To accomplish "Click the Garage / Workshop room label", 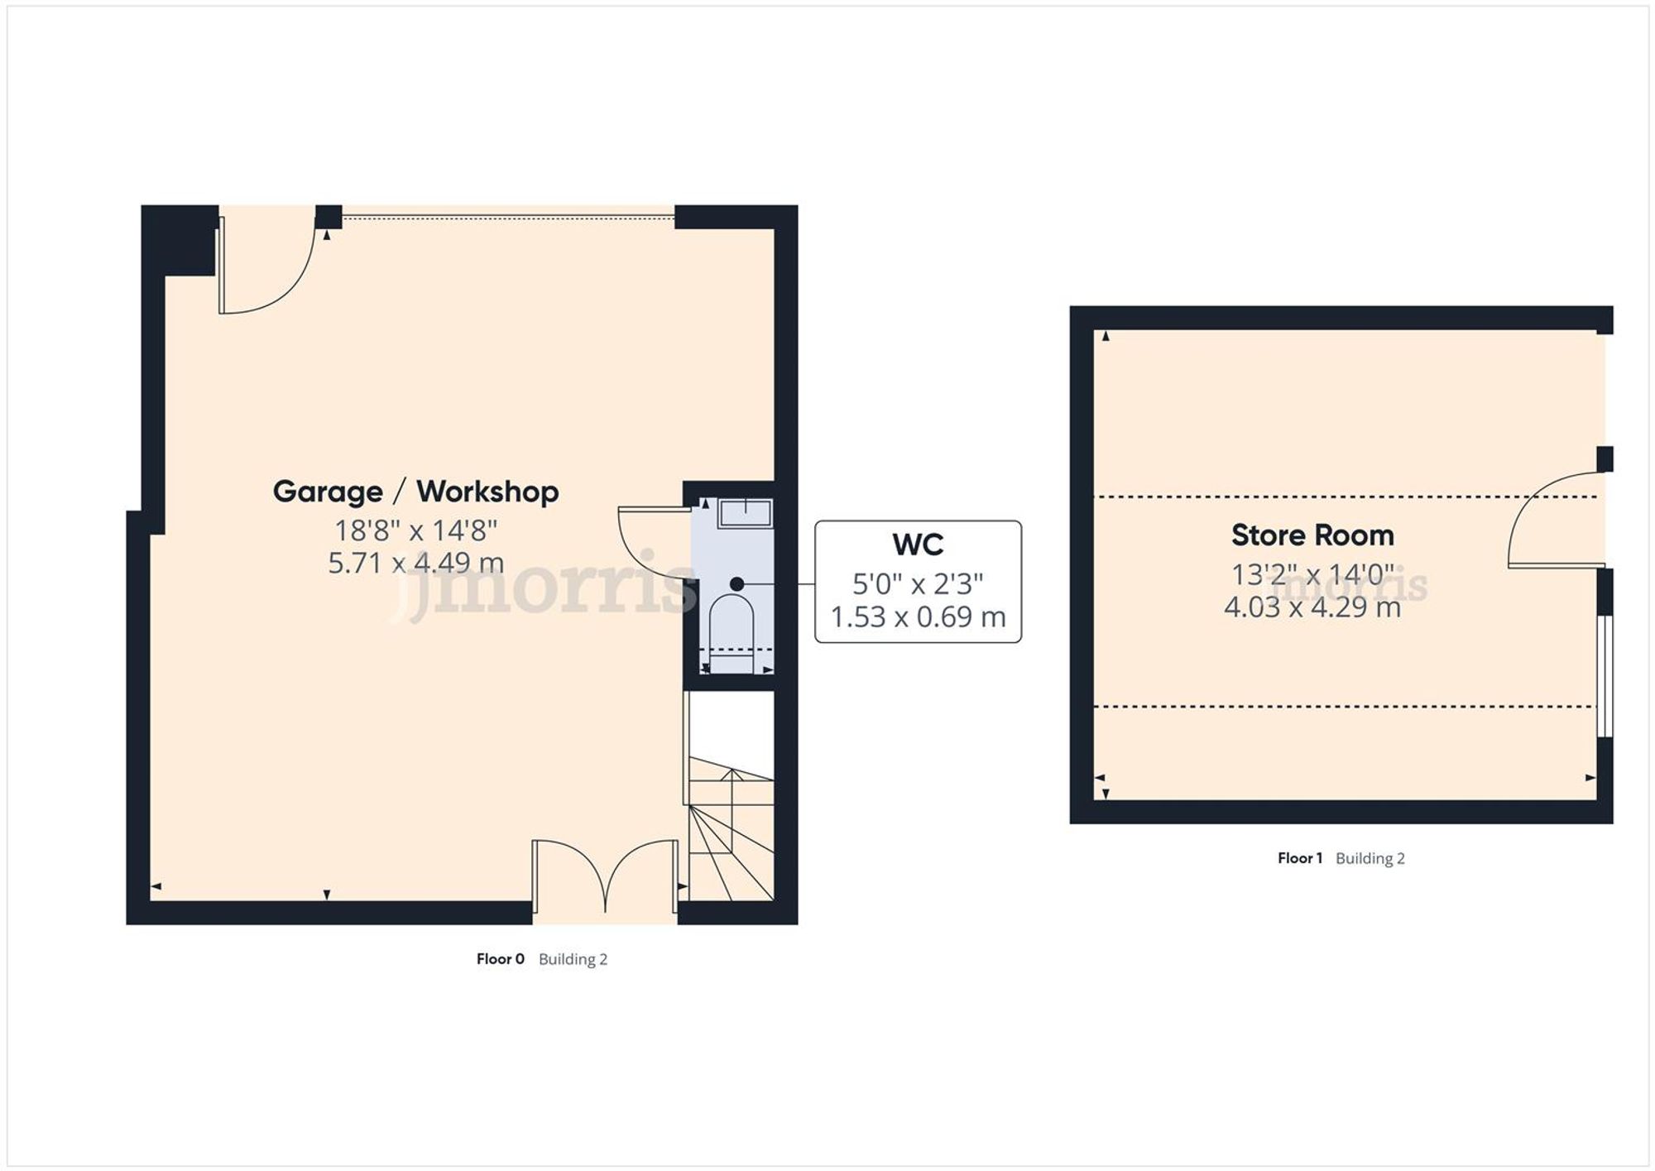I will coord(415,492).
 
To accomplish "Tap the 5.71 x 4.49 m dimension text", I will coord(415,563).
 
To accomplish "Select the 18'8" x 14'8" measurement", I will coord(415,530).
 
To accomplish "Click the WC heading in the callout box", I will coord(918,545).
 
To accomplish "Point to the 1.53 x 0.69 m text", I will coord(918,617).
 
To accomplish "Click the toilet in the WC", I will coord(732,625).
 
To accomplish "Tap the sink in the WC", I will coord(745,513).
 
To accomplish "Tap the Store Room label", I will coord(1312,535).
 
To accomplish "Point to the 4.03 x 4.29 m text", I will coord(1312,607).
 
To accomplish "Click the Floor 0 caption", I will coord(500,959).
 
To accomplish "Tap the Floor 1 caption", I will coord(1300,858).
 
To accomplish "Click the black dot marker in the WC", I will coord(736,584).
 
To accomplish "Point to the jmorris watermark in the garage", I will coord(542,583).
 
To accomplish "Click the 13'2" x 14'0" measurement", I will coord(1312,574).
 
